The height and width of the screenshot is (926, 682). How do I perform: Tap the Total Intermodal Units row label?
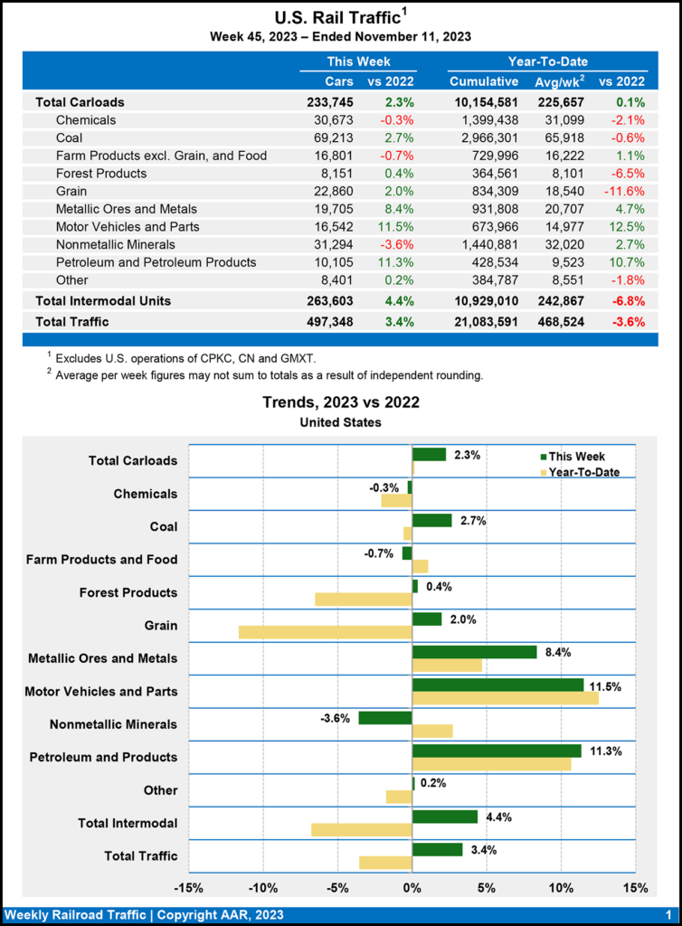[103, 300]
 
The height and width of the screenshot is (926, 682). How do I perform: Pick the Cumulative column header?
[484, 81]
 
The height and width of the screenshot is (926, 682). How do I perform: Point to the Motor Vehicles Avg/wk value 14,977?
[557, 226]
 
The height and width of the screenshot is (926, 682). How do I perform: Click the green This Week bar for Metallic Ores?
[474, 652]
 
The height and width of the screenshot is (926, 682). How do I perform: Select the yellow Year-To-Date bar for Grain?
[325, 632]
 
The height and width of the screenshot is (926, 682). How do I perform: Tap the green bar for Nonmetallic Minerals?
[385, 718]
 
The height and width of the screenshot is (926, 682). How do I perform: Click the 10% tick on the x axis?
[561, 887]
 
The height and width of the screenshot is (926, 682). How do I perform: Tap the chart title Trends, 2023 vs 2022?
[340, 403]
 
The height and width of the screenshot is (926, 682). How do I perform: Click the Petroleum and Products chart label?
[103, 757]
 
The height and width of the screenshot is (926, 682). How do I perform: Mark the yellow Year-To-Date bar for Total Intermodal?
[362, 829]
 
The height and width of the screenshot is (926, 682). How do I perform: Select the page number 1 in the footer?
[667, 914]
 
